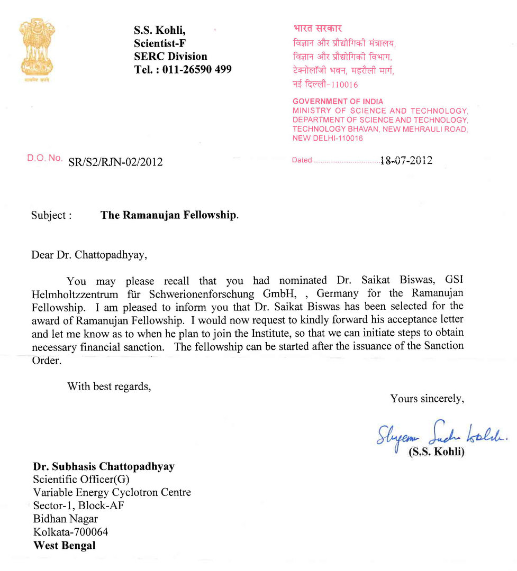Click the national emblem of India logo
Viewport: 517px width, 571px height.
(37, 48)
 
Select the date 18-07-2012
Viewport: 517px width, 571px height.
(406, 161)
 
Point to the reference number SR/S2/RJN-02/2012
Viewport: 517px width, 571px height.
(115, 162)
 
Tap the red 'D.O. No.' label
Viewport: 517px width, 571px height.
(44, 158)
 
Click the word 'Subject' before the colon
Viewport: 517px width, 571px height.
(48, 216)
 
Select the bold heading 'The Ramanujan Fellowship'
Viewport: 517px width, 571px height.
(169, 216)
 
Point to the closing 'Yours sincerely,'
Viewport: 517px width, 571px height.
(427, 399)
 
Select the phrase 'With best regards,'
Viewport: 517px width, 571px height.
(109, 386)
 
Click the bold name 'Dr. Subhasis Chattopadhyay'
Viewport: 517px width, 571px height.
(104, 467)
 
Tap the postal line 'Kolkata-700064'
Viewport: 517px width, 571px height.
(70, 532)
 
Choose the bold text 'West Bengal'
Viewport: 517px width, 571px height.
(65, 545)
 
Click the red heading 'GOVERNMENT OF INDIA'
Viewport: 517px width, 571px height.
(338, 102)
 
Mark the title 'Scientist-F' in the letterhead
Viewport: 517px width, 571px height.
(160, 44)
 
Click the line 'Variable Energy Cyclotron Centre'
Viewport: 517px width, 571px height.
(112, 493)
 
